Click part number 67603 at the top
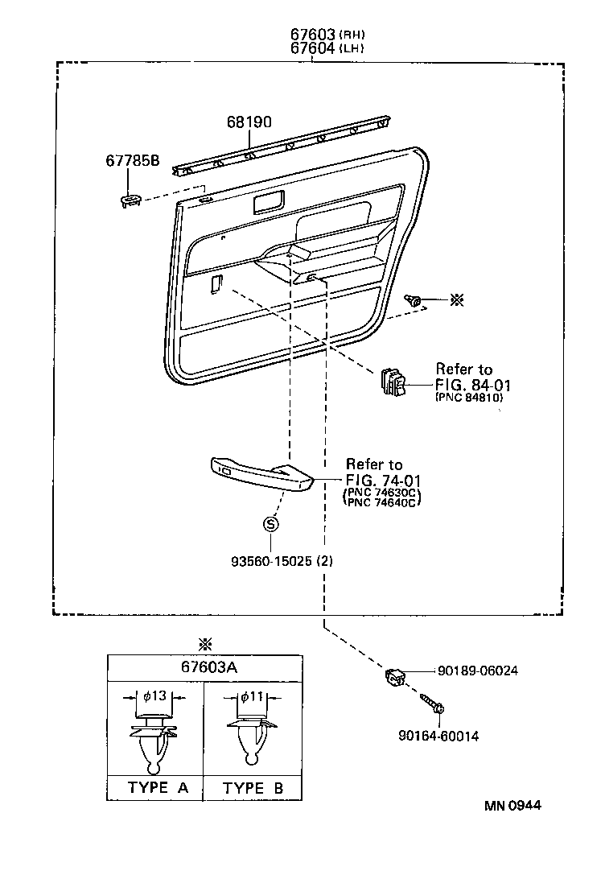(x=314, y=35)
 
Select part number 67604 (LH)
(x=314, y=48)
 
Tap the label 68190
(x=249, y=122)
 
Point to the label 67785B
(x=132, y=161)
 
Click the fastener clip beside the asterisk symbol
(x=416, y=302)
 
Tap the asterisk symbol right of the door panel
(x=456, y=300)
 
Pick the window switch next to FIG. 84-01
(x=393, y=382)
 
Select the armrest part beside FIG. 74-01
(x=261, y=476)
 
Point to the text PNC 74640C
(x=384, y=503)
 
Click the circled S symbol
(x=271, y=524)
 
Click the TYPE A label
(x=158, y=788)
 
